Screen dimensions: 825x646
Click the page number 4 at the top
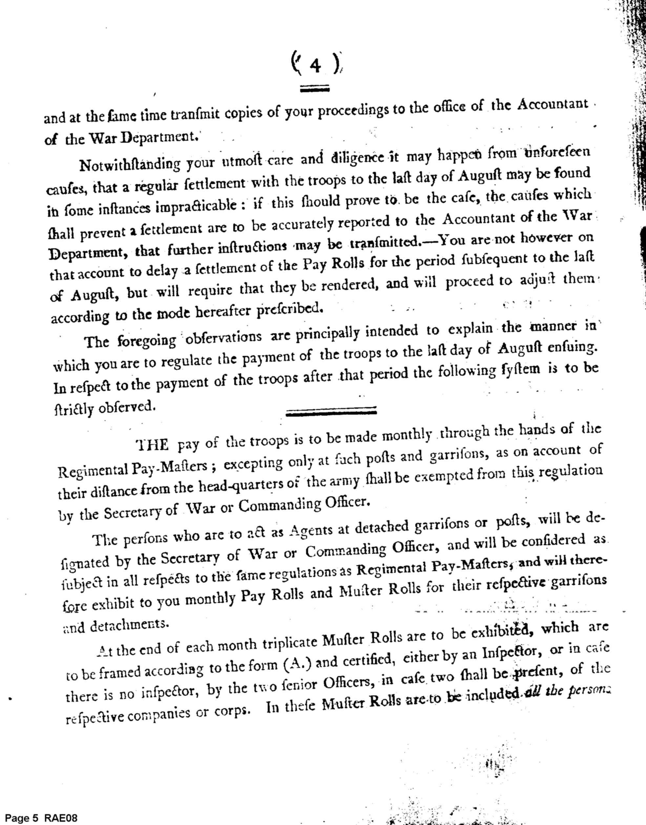[315, 66]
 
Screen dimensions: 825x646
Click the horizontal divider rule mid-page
[331, 410]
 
